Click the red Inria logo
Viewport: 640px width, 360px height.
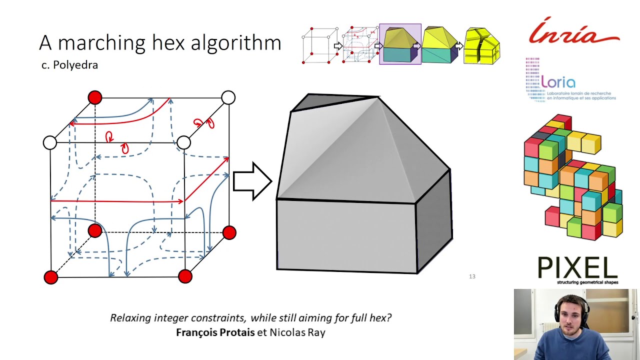coord(574,33)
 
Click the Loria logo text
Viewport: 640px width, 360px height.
coord(558,82)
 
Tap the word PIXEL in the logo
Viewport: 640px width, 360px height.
coord(577,268)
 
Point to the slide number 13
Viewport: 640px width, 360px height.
coord(472,276)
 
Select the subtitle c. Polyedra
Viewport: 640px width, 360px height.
coord(69,65)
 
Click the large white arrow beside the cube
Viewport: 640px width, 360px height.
coord(252,181)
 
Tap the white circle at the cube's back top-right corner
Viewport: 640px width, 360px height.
coord(228,97)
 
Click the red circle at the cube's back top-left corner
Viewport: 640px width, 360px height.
coord(94,97)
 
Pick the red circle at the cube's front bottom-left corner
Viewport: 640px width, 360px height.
coord(51,277)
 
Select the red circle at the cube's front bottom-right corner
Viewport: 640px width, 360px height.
coord(185,276)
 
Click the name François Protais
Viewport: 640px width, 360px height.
coord(215,332)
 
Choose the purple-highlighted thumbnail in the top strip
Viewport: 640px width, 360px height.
coord(400,44)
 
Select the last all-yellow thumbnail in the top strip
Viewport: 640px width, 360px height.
coord(481,46)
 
